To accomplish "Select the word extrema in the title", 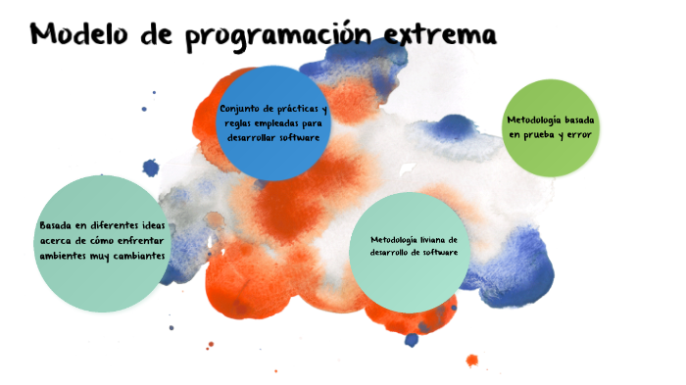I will [x=441, y=35].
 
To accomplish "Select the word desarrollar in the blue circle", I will [x=253, y=138].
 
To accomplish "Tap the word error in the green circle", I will [x=580, y=134].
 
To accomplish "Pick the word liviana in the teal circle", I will [x=425, y=239].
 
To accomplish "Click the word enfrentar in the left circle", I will [x=146, y=240].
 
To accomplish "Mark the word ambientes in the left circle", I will [x=64, y=256].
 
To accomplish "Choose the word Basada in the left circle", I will [x=56, y=225].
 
